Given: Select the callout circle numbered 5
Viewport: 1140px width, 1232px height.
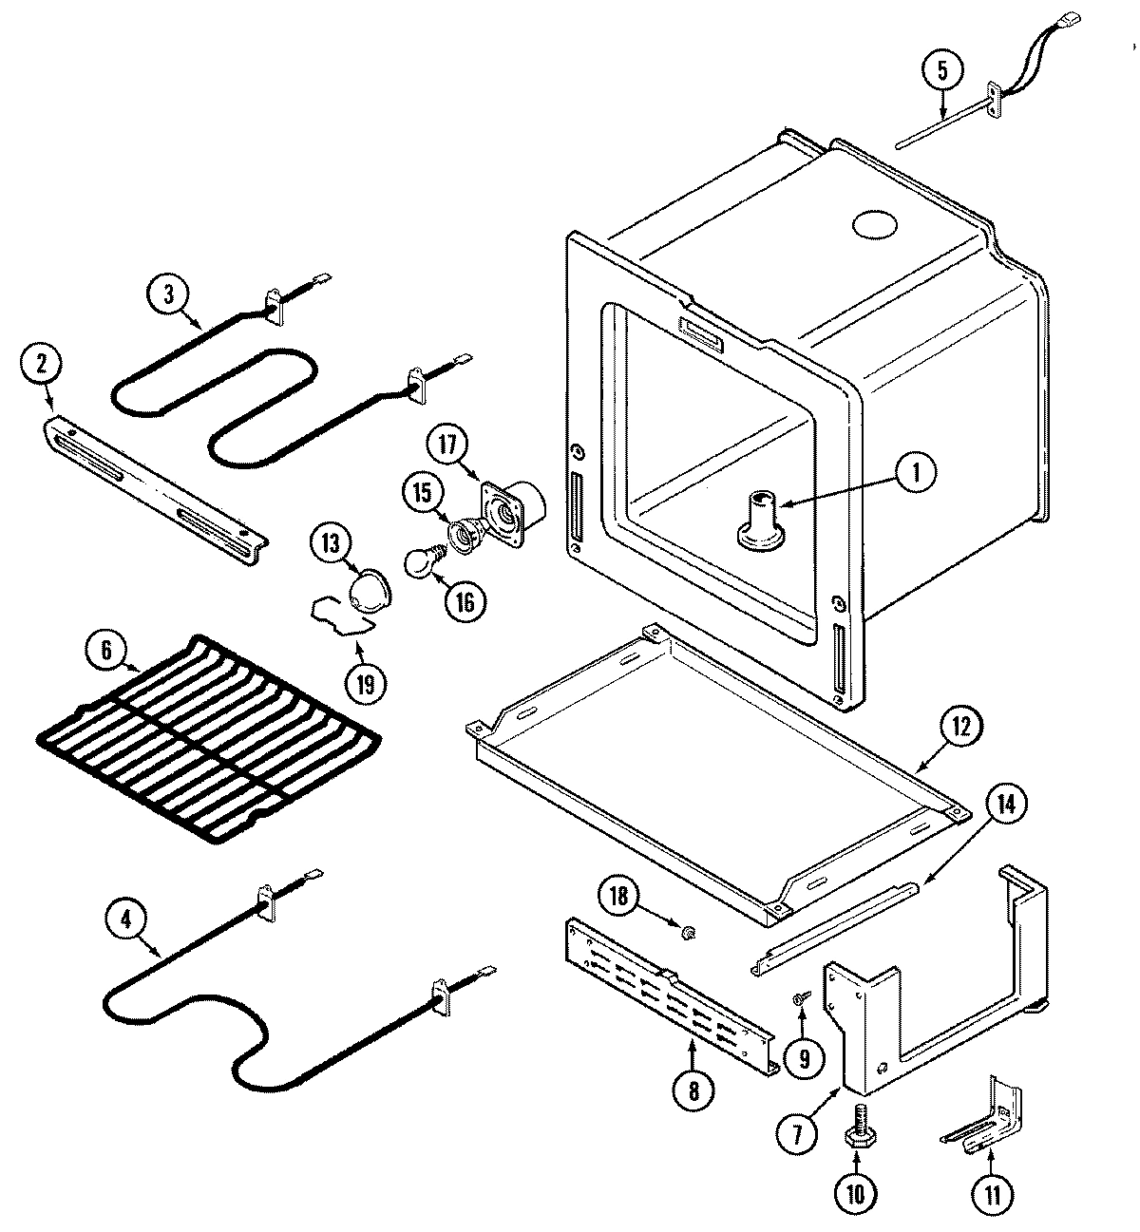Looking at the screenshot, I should (941, 69).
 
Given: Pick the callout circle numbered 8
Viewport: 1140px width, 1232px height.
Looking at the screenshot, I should (693, 1092).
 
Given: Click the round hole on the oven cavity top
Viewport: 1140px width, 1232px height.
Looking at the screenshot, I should (874, 225).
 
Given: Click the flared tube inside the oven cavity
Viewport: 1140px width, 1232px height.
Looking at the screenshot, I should (757, 521).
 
